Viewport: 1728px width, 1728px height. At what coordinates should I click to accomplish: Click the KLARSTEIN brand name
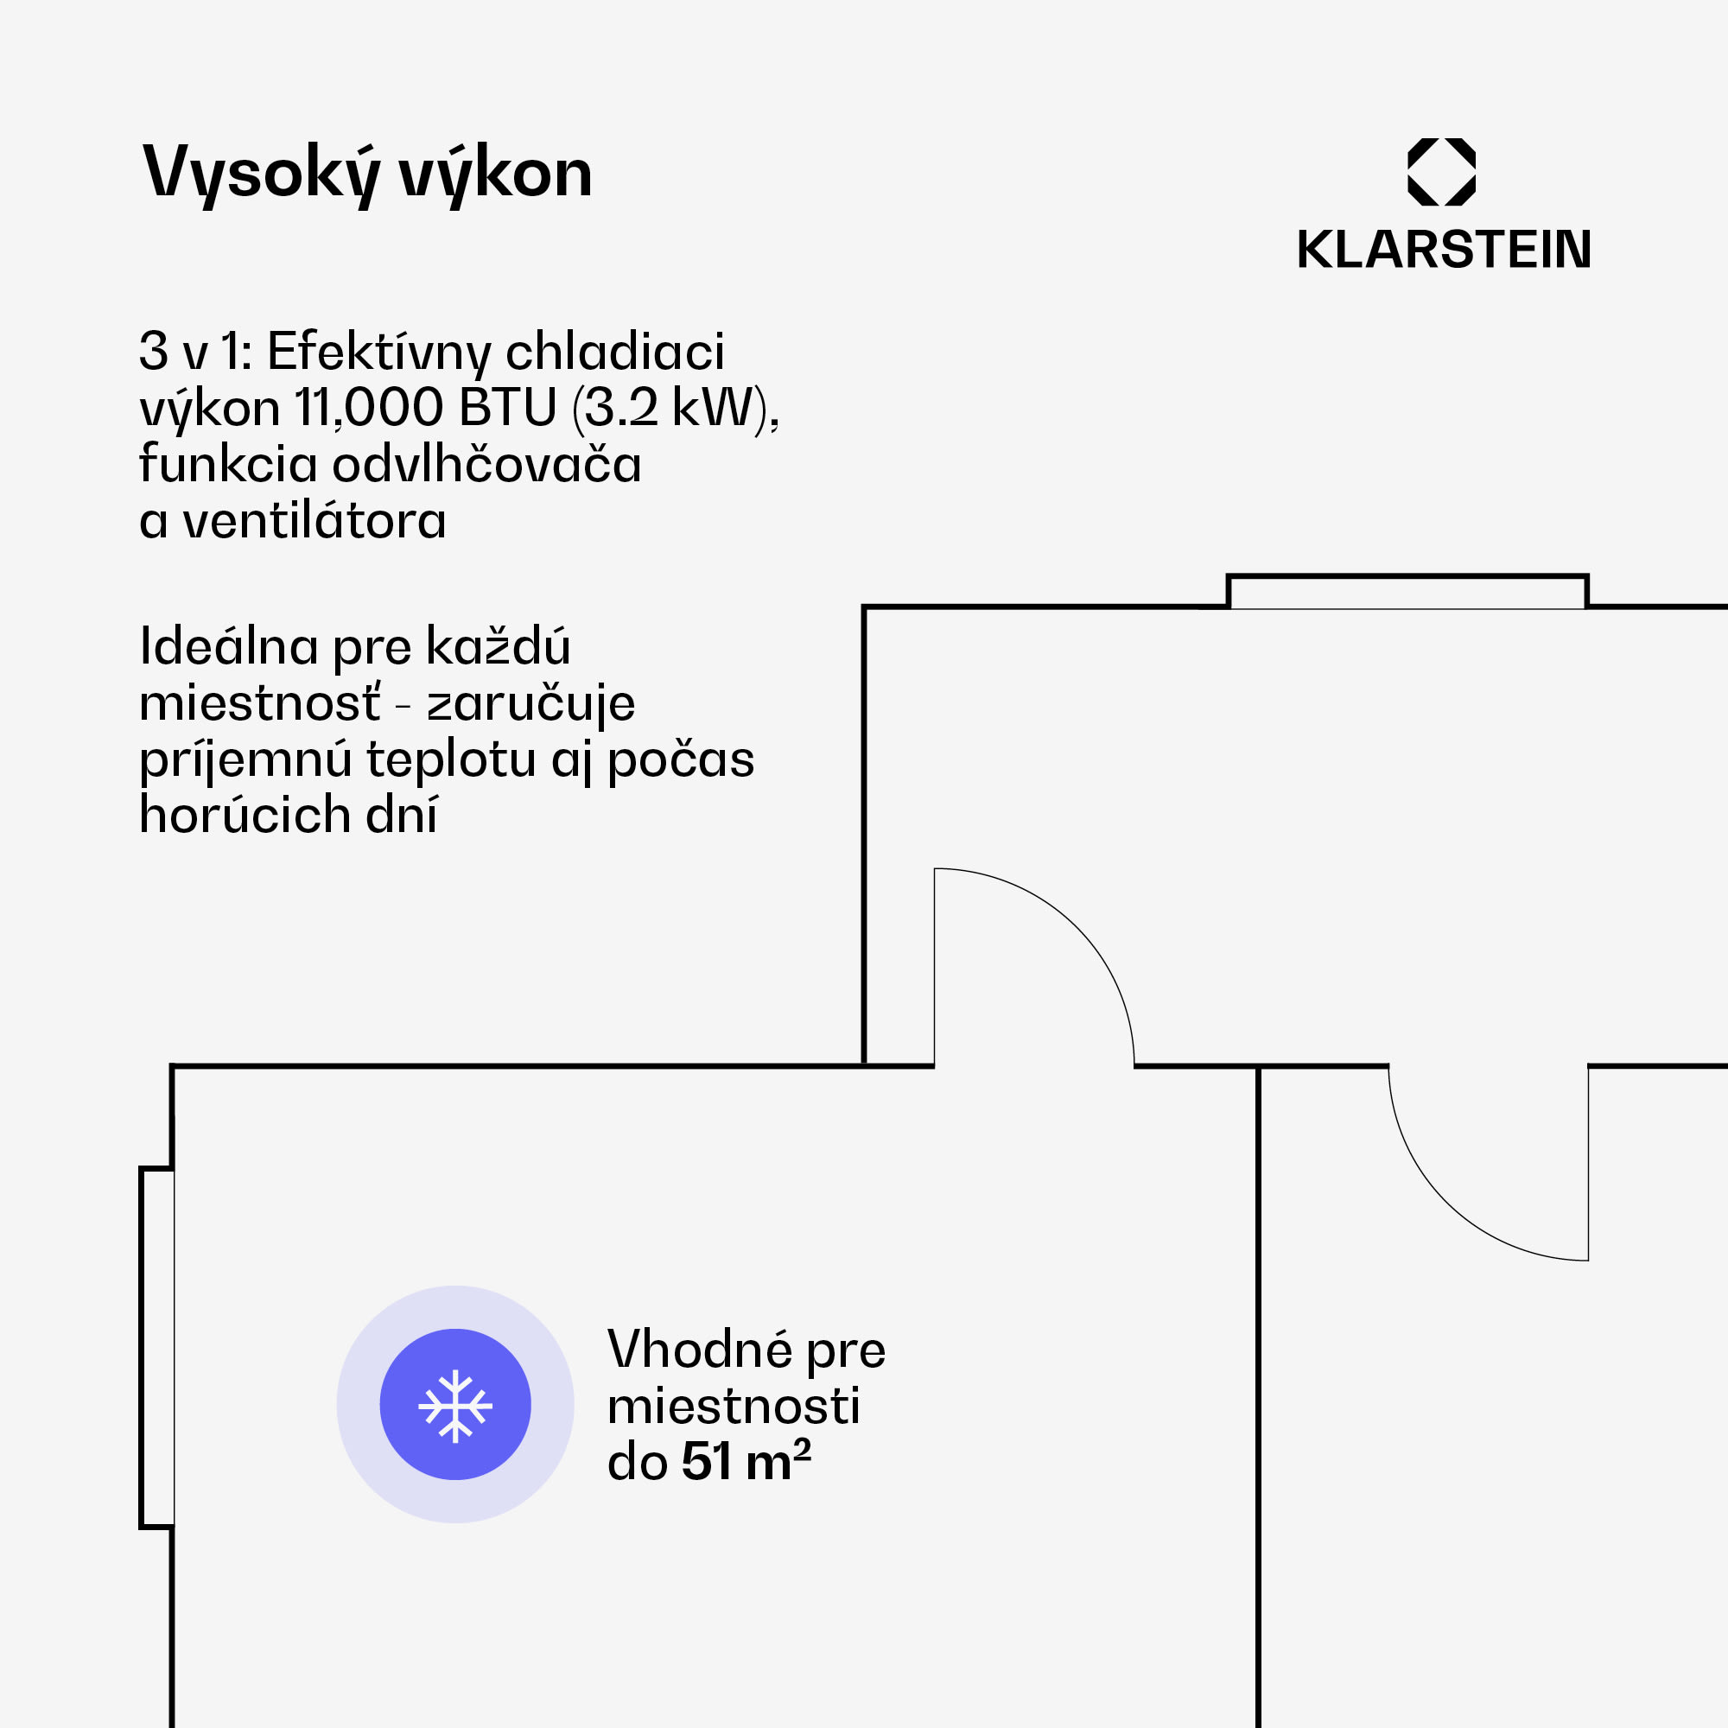pos(1444,250)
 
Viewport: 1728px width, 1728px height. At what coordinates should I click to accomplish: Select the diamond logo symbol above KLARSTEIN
pos(1441,172)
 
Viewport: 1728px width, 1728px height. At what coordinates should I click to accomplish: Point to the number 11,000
pos(369,408)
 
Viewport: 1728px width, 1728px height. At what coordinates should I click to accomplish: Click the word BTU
pos(507,408)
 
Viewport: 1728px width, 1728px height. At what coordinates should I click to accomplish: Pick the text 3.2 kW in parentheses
pos(670,408)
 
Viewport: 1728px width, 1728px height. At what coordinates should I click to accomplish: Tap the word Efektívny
pos(378,351)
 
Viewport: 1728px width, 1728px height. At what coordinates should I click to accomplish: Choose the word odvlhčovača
pos(486,465)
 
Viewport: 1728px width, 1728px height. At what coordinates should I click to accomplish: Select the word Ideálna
pos(229,646)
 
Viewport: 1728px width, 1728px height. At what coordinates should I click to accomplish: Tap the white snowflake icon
pos(455,1406)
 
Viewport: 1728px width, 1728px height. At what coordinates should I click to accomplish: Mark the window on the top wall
pos(1407,592)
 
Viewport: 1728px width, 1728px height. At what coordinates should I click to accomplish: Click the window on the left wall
pos(156,1347)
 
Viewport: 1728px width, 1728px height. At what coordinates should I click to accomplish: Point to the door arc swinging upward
pos(1064,939)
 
